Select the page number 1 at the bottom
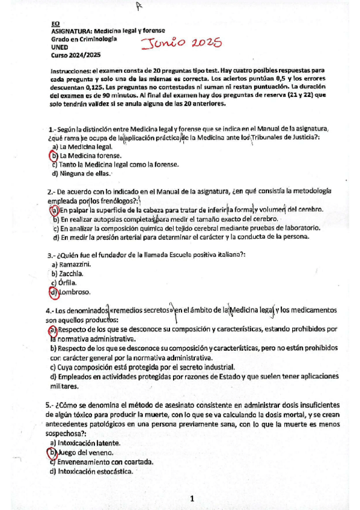tap(192, 499)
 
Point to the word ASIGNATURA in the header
tap(71, 30)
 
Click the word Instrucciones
tap(73, 70)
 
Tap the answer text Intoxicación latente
tap(87, 442)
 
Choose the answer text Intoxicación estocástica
tap(95, 472)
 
